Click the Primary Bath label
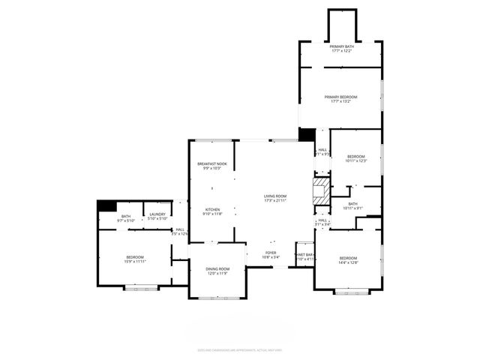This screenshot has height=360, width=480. [x=341, y=46]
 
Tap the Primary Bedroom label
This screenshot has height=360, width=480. [x=341, y=97]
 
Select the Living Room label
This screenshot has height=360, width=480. [x=275, y=196]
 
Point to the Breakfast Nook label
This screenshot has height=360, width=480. [x=212, y=164]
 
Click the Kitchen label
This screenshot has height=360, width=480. [x=212, y=209]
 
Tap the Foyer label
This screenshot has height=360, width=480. [x=271, y=253]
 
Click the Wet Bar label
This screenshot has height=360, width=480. [x=305, y=255]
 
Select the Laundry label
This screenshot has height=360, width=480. [x=157, y=215]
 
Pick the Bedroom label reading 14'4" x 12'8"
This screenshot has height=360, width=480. [x=349, y=258]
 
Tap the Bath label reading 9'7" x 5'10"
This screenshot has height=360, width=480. [x=125, y=217]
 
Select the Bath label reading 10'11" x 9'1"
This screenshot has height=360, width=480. [x=352, y=203]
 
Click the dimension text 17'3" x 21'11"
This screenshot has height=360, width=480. [x=275, y=200]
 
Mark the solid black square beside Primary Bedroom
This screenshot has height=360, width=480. [x=307, y=134]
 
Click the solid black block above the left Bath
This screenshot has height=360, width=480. [x=106, y=205]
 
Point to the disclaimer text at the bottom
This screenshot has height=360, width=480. [x=239, y=349]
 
